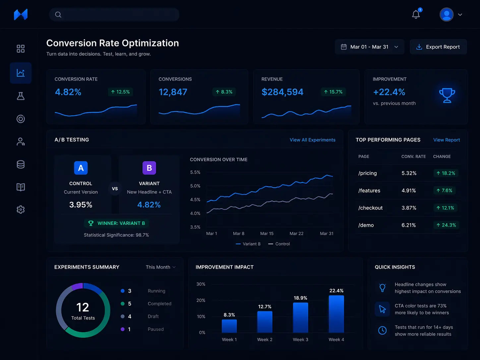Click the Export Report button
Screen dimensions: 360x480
pyautogui.click(x=438, y=47)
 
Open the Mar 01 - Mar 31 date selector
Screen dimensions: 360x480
pyautogui.click(x=369, y=47)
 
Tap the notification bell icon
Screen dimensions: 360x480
pyautogui.click(x=416, y=15)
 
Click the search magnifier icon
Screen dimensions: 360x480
pyautogui.click(x=58, y=15)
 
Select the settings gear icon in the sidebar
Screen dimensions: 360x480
pyautogui.click(x=21, y=210)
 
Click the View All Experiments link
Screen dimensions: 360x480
pyautogui.click(x=312, y=140)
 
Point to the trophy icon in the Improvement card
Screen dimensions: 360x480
pyautogui.click(x=447, y=95)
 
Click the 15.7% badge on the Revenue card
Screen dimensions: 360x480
pyautogui.click(x=333, y=92)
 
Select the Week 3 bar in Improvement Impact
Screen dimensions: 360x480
pyautogui.click(x=300, y=318)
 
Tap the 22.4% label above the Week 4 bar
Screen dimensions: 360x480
pyautogui.click(x=336, y=291)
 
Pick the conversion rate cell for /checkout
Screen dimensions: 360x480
pyautogui.click(x=409, y=208)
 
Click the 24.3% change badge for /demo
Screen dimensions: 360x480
pyautogui.click(x=446, y=225)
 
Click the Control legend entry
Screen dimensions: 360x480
pyautogui.click(x=279, y=244)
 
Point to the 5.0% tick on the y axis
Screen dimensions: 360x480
pyautogui.click(x=195, y=186)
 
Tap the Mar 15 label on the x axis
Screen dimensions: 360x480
pyautogui.click(x=267, y=234)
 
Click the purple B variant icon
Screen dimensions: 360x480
pyautogui.click(x=149, y=168)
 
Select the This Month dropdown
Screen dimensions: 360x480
pyautogui.click(x=160, y=267)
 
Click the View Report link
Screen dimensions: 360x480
pyautogui.click(x=446, y=140)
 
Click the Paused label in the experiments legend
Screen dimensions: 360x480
pyautogui.click(x=155, y=329)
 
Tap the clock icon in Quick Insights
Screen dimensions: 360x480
pyautogui.click(x=382, y=330)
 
